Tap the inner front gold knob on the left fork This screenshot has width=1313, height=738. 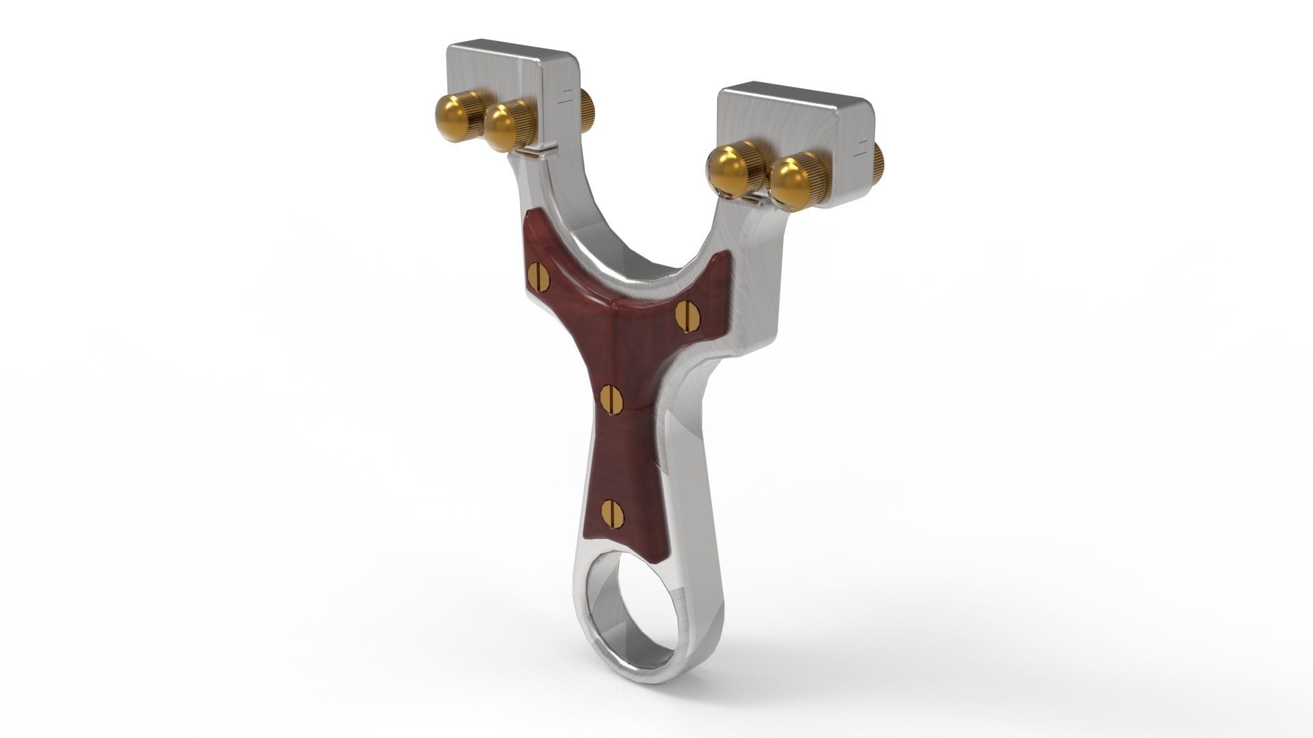(x=503, y=127)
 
